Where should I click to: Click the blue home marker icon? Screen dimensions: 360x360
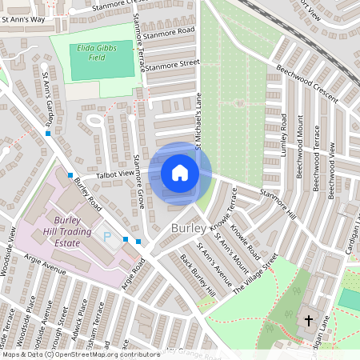tap(180, 173)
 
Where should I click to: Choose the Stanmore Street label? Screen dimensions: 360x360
tap(171, 63)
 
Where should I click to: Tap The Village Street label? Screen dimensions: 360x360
tap(254, 276)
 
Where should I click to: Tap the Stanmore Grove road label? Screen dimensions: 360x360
tap(139, 182)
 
